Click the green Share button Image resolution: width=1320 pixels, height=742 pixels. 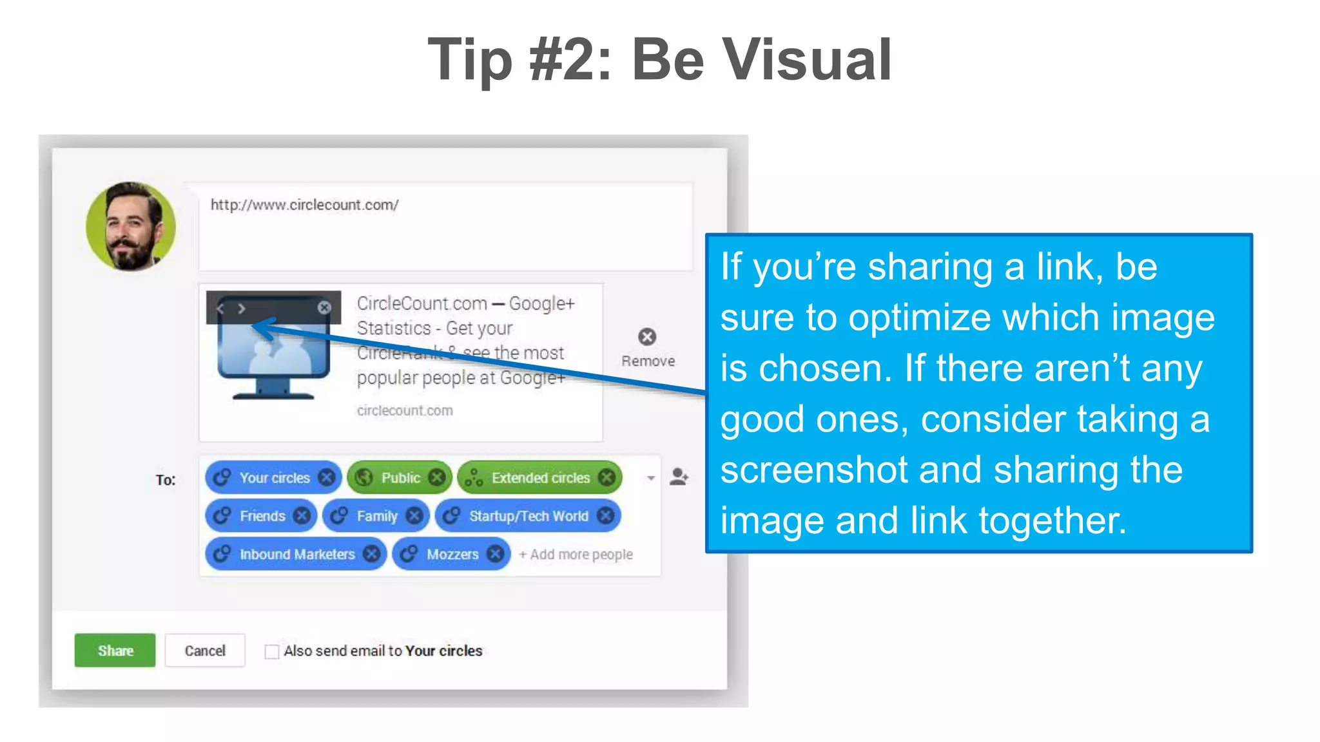(115, 650)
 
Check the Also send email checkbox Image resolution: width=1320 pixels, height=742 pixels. (272, 652)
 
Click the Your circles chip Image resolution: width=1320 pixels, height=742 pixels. (274, 477)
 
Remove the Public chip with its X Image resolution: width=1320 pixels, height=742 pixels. (437, 477)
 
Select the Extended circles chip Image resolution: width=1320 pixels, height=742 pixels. (540, 477)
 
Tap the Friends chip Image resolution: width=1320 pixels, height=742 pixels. (262, 516)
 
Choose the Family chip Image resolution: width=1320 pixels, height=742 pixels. (376, 516)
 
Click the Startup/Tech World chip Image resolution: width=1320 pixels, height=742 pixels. (528, 516)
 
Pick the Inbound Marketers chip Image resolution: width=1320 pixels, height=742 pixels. (296, 554)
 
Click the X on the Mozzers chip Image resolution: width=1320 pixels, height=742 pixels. (495, 554)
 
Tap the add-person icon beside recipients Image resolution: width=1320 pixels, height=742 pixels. (678, 477)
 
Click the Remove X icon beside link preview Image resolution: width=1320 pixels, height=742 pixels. (647, 337)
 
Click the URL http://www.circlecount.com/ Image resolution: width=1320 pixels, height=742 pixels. (304, 205)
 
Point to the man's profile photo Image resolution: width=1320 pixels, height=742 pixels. (131, 225)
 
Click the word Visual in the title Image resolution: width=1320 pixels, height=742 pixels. (806, 59)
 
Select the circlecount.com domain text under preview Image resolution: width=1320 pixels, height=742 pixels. (405, 410)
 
